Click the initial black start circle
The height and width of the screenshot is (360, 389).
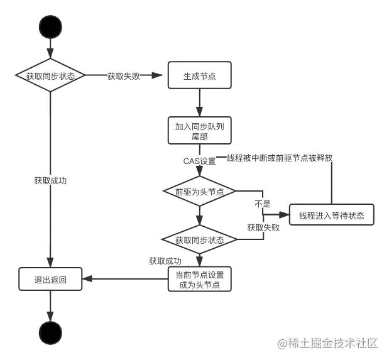[x=50, y=27]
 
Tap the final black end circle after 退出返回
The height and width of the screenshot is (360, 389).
[x=50, y=332]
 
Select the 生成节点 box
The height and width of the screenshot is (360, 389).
[x=199, y=76]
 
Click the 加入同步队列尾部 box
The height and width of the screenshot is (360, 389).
[x=199, y=131]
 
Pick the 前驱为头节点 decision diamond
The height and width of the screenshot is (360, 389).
[x=199, y=191]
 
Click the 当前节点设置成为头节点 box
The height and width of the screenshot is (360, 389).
[x=199, y=280]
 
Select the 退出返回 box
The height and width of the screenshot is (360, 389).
[x=50, y=280]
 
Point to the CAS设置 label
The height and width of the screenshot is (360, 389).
[x=199, y=161]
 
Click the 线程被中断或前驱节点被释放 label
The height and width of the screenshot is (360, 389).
[x=280, y=158]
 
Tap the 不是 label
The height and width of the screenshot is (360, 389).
[x=262, y=204]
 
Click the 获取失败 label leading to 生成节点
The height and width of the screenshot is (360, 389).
[x=123, y=76]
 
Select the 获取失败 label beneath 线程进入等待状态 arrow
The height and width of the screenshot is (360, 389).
[x=263, y=227]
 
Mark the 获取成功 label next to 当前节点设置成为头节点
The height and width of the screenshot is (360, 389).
[x=165, y=261]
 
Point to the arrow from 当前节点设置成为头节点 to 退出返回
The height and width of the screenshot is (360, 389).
[x=126, y=280]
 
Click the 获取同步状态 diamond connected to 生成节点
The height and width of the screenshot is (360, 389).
[x=50, y=76]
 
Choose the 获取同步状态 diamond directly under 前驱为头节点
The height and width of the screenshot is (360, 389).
[x=199, y=240]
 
